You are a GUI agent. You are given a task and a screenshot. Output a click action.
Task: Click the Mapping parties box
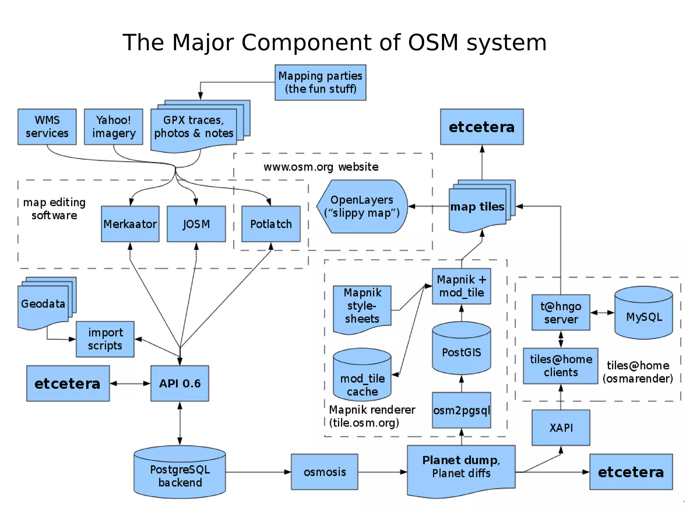[320, 82]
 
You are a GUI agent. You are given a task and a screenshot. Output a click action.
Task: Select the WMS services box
[47, 127]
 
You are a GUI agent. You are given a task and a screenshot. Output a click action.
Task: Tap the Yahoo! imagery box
[113, 127]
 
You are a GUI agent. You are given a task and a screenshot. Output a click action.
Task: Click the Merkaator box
[130, 224]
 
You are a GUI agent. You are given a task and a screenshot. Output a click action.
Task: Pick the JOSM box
[196, 224]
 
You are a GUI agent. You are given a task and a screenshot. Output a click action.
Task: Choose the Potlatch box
[271, 224]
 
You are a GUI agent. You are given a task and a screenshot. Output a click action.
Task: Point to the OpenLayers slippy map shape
[362, 206]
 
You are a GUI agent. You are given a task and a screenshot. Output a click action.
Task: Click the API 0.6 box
[180, 383]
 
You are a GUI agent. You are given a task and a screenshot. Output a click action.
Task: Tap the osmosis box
[324, 472]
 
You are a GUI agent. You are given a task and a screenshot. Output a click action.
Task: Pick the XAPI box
[561, 428]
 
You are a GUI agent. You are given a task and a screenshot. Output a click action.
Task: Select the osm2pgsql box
[461, 410]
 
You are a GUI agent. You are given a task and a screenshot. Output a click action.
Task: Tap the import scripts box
[105, 339]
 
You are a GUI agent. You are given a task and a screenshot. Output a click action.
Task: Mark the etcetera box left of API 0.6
[68, 383]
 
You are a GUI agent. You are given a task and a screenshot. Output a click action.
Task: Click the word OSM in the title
[433, 43]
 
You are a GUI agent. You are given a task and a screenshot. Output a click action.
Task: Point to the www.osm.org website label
[321, 167]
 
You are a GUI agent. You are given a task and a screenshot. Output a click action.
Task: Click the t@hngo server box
[561, 312]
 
